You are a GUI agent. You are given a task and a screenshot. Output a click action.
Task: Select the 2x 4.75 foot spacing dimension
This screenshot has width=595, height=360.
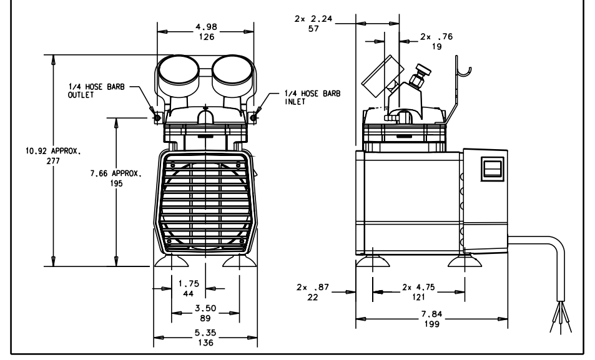click(418, 291)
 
